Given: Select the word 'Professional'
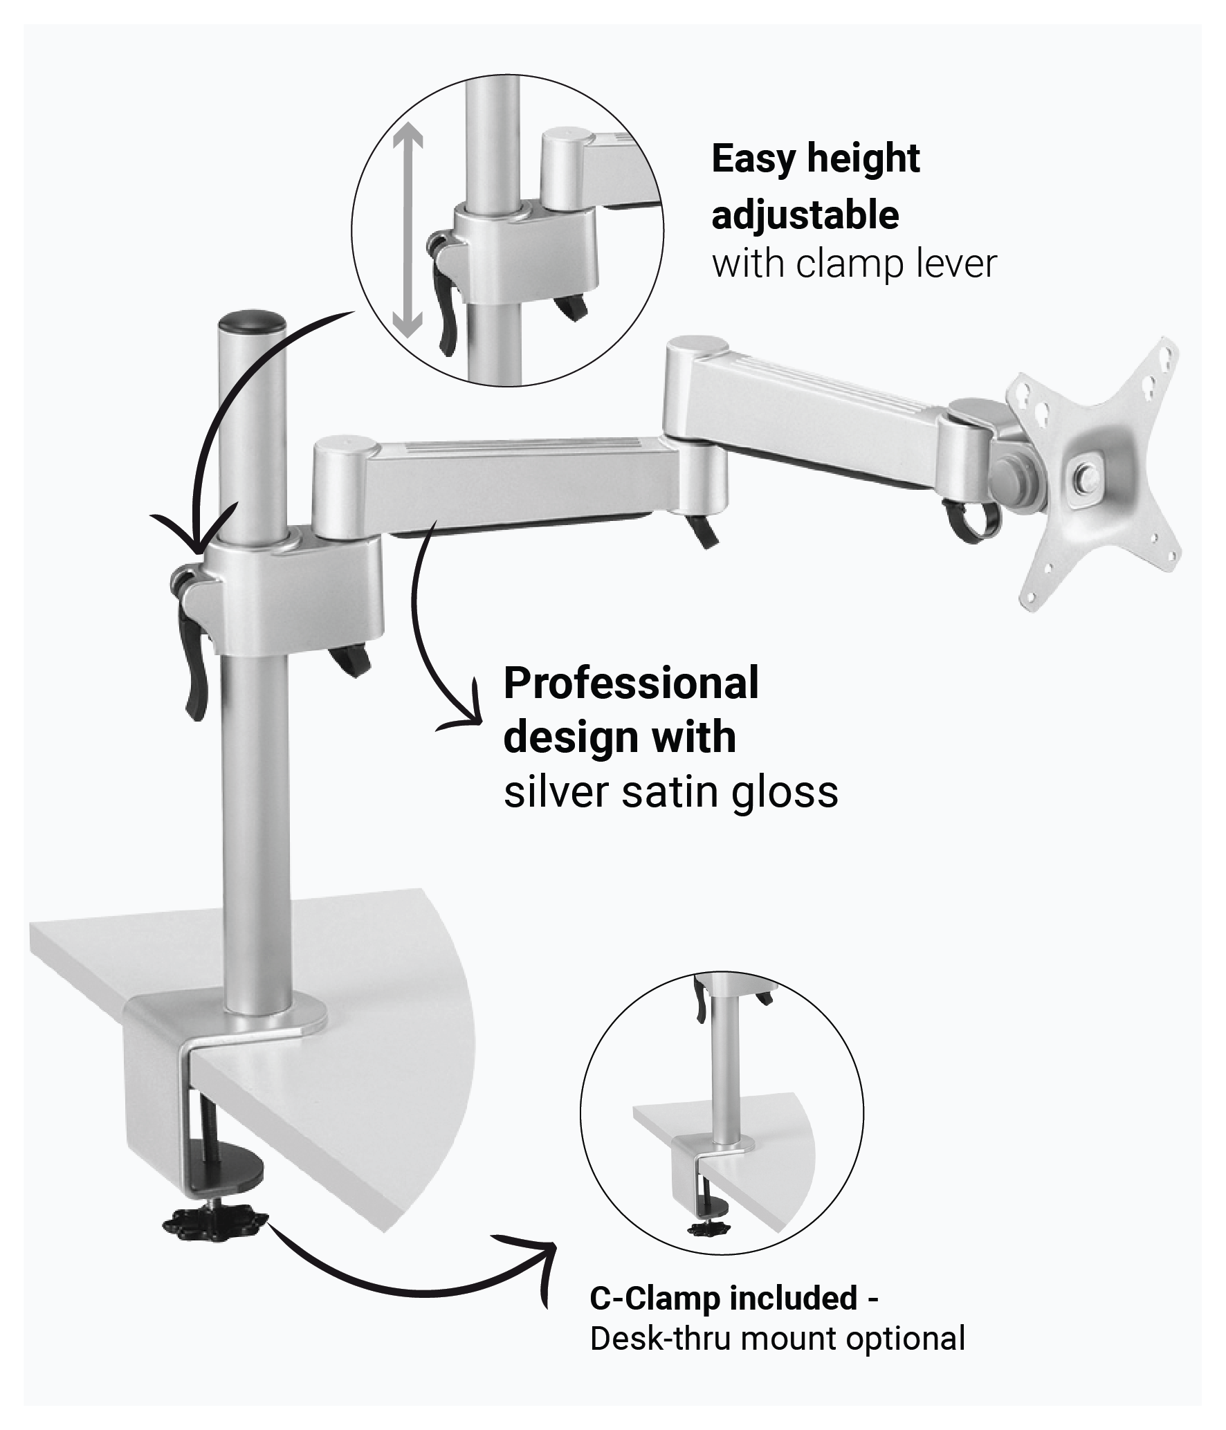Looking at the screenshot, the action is pos(631,683).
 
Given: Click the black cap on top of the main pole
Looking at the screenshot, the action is pos(252,322).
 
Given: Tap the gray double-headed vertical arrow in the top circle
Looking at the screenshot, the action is pos(407,235).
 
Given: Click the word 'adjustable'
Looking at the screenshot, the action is pos(805,215).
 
